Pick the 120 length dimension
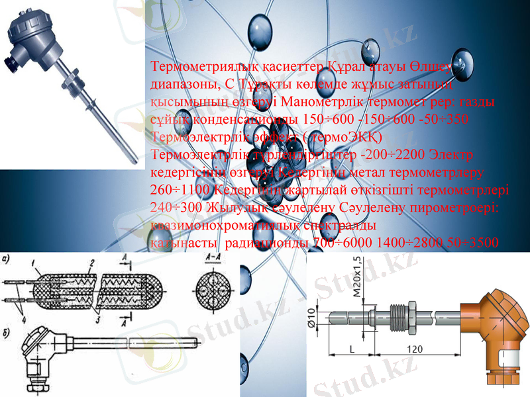[x=415, y=348]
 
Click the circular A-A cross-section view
[x=212, y=290]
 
